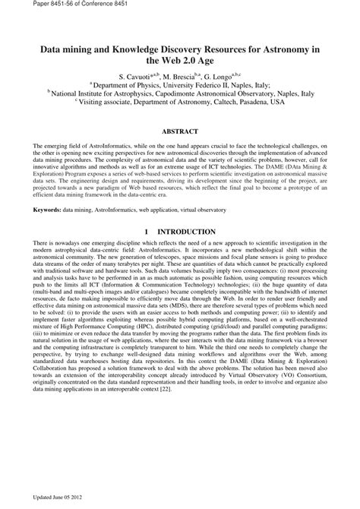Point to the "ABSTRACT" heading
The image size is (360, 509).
point(181,130)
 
